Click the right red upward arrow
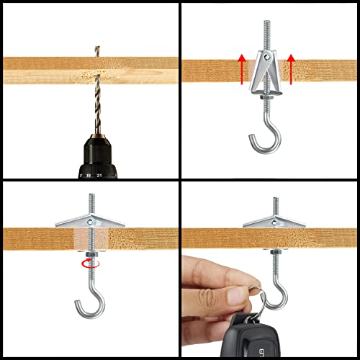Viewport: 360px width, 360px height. click(290, 69)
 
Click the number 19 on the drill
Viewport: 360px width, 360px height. click(87, 174)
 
